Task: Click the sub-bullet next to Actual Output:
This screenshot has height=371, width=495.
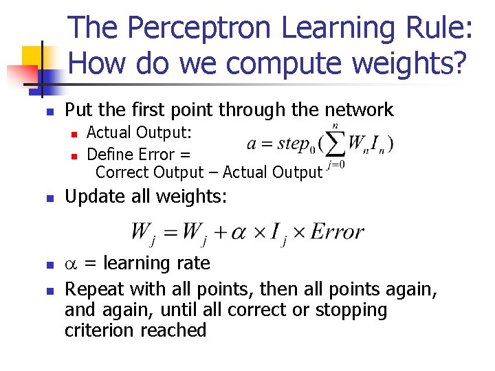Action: tap(78, 133)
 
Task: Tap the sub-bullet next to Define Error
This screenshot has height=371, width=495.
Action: tap(78, 155)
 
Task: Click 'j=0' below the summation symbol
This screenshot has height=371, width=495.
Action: tap(336, 165)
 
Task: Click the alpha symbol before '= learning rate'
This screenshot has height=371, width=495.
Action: tap(71, 264)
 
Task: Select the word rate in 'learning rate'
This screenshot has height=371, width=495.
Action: tap(192, 264)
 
